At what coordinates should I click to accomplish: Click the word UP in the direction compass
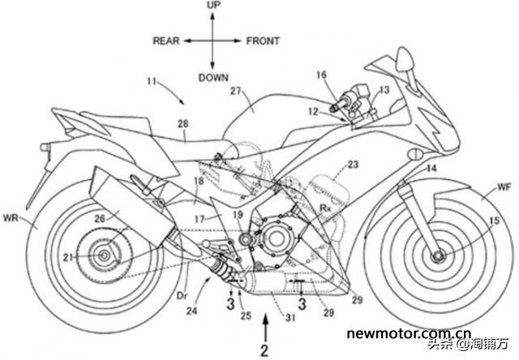[213, 6]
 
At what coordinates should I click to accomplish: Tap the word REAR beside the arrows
[166, 41]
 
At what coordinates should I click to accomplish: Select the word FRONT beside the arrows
[263, 41]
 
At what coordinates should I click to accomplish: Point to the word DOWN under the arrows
[213, 78]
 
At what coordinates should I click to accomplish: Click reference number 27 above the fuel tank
[236, 91]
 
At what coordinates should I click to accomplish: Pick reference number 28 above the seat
[182, 124]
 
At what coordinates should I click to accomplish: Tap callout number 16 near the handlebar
[321, 75]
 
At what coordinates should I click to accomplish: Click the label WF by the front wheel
[504, 187]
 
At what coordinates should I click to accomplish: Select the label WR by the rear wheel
[11, 218]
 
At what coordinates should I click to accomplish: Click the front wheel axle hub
[440, 256]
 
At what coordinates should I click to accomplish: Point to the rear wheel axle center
[104, 255]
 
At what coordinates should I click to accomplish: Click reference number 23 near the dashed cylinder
[354, 164]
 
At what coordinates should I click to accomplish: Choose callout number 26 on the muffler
[101, 218]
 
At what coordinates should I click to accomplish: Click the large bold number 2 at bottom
[264, 350]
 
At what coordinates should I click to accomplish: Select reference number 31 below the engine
[290, 318]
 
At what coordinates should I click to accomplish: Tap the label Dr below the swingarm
[182, 295]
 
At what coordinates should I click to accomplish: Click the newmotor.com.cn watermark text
[409, 333]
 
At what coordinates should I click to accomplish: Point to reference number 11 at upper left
[152, 81]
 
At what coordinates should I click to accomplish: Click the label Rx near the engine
[325, 208]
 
